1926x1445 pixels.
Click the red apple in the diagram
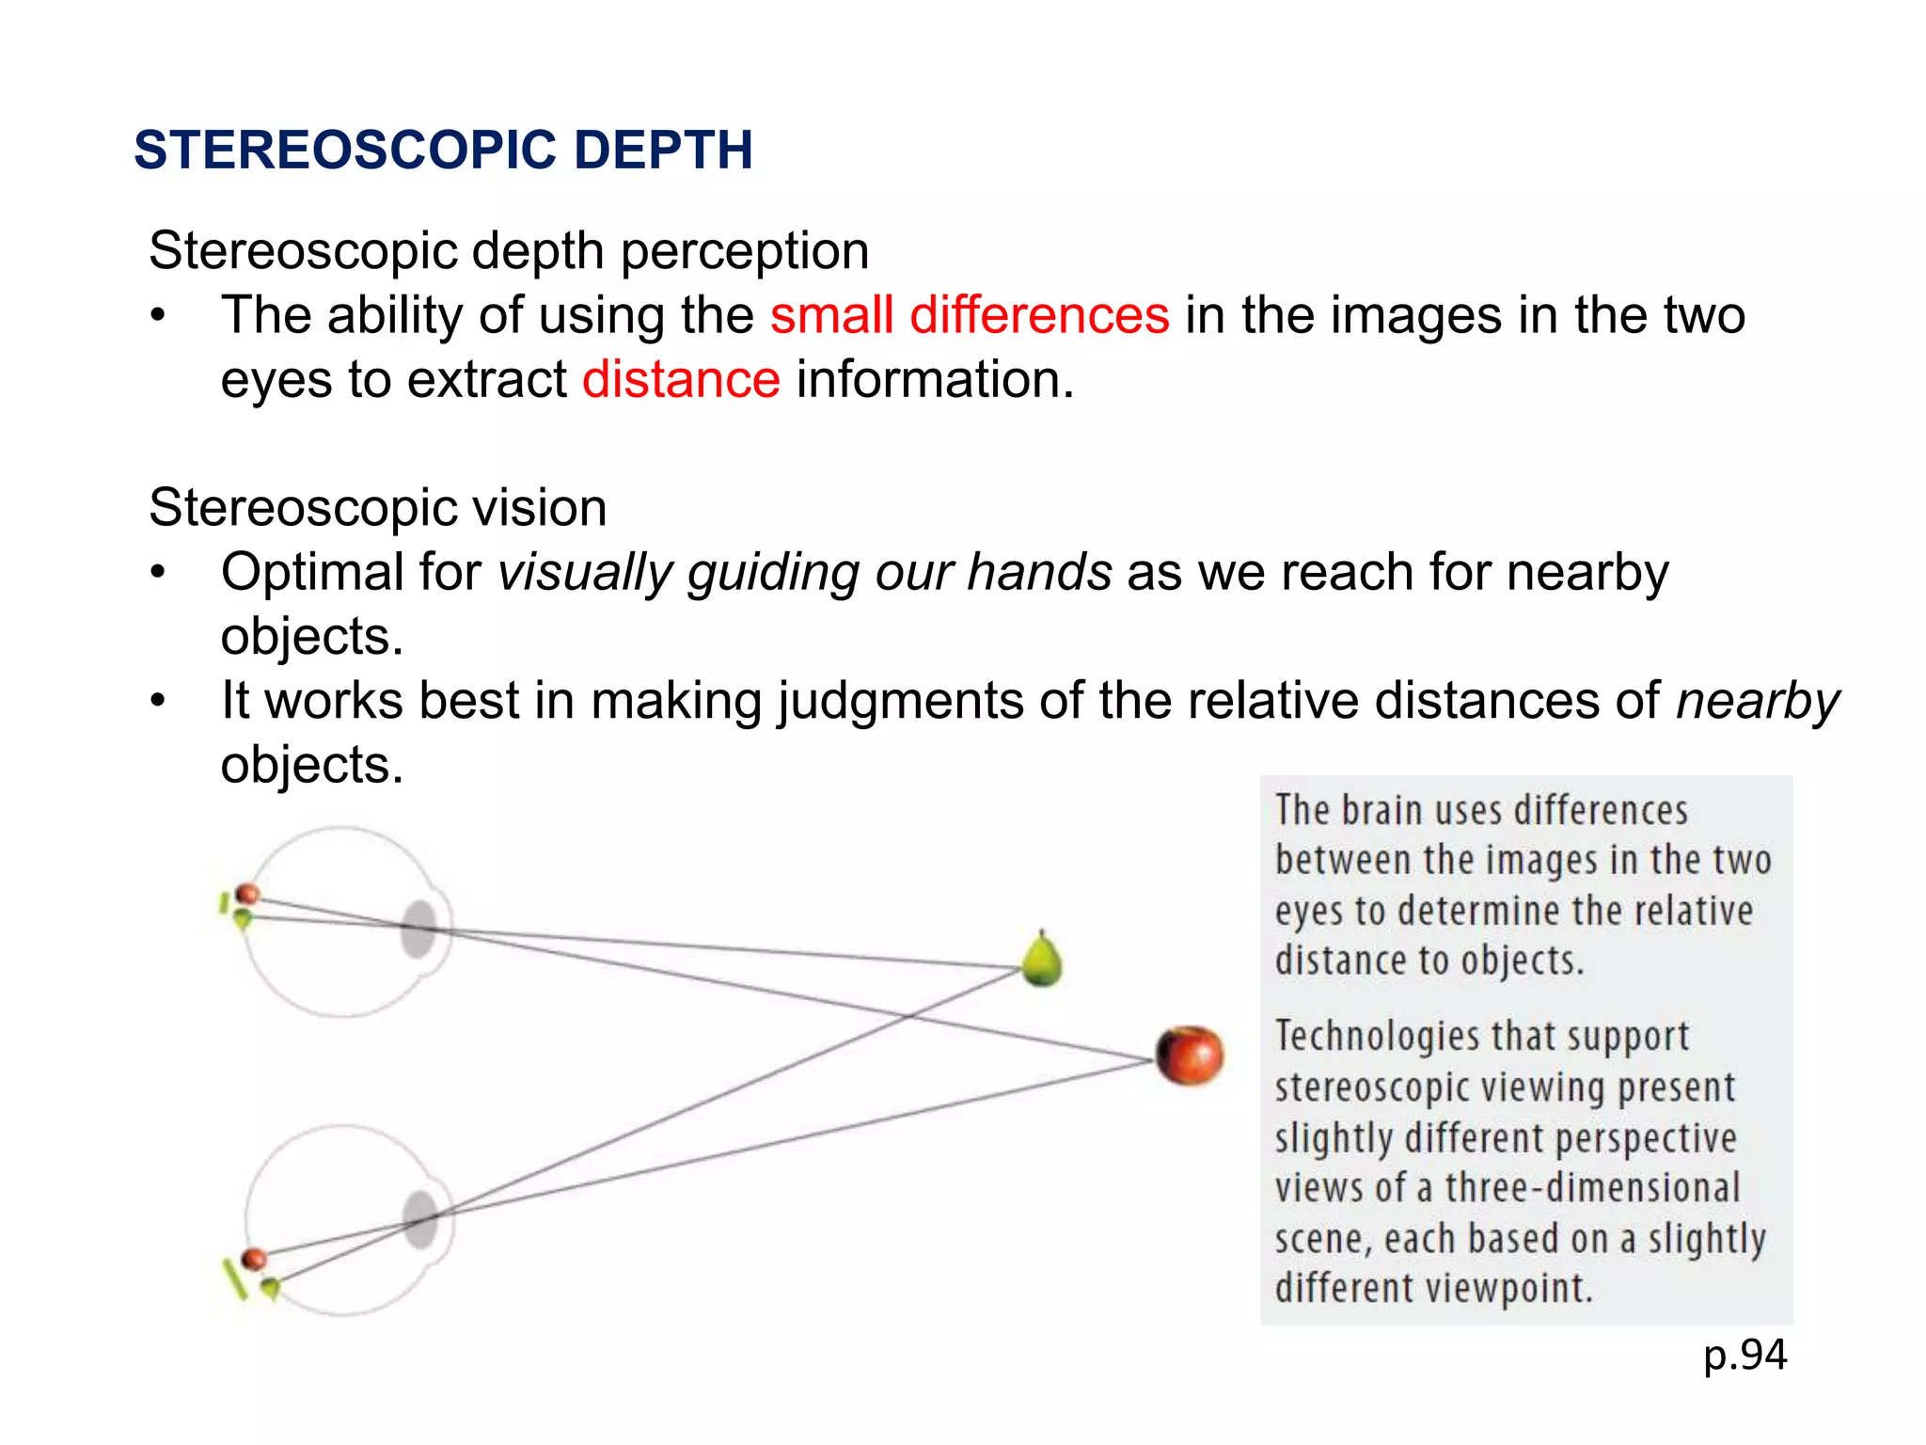click(x=1190, y=1056)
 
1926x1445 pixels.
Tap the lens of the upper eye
click(x=418, y=929)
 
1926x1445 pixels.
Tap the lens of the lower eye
click(x=420, y=1219)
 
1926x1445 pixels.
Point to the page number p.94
click(x=1744, y=1356)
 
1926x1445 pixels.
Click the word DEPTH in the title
click(x=663, y=151)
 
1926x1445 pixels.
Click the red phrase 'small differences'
click(x=970, y=315)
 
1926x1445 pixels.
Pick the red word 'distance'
click(x=681, y=380)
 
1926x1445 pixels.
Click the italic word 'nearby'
click(x=1758, y=702)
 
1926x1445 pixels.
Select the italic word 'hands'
click(x=1039, y=573)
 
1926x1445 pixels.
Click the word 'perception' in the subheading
click(x=744, y=251)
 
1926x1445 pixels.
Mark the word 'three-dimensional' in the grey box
click(x=1592, y=1188)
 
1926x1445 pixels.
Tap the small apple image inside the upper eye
click(x=247, y=894)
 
